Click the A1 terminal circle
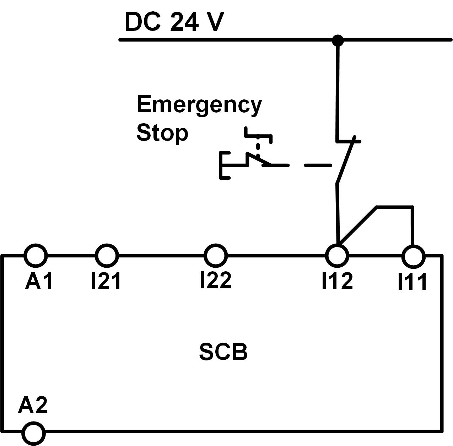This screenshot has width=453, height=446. (x=36, y=255)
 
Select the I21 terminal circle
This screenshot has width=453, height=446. (x=107, y=255)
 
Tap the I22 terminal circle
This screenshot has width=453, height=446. (x=216, y=255)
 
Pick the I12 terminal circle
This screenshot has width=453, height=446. (x=337, y=255)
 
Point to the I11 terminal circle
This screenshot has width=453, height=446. (x=413, y=256)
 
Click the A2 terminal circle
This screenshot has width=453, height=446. (x=34, y=433)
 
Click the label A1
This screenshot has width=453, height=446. (x=39, y=281)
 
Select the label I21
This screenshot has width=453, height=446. (x=106, y=281)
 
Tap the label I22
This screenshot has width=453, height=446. (x=216, y=280)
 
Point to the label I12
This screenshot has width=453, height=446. (x=337, y=281)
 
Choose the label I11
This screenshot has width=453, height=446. (x=412, y=282)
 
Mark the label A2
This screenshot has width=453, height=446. (x=33, y=405)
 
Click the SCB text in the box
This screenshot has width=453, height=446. (x=223, y=352)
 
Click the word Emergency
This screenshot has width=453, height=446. (x=199, y=105)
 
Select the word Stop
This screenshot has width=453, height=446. (x=162, y=133)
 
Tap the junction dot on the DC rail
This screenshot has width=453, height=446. (x=338, y=40)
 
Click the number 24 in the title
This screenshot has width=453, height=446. (x=184, y=22)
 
